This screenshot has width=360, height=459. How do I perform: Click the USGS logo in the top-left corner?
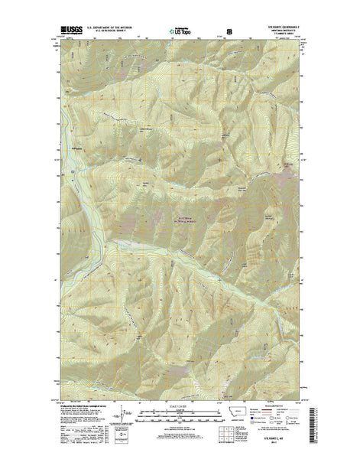click(x=65, y=31)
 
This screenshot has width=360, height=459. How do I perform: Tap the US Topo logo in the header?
click(x=181, y=31)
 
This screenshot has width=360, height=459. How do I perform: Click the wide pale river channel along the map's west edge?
click(x=76, y=184)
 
